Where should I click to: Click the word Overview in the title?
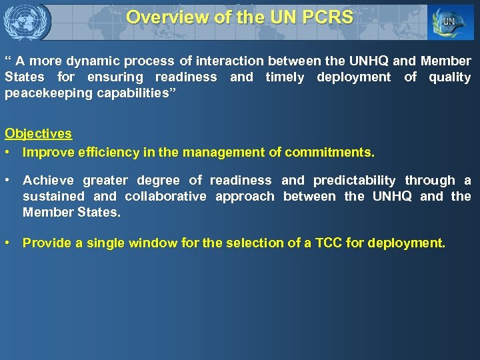161,17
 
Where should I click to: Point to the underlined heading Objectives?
39,133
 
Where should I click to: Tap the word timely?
285,77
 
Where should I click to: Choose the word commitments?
329,153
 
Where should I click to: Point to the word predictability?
354,181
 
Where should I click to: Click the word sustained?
53,197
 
